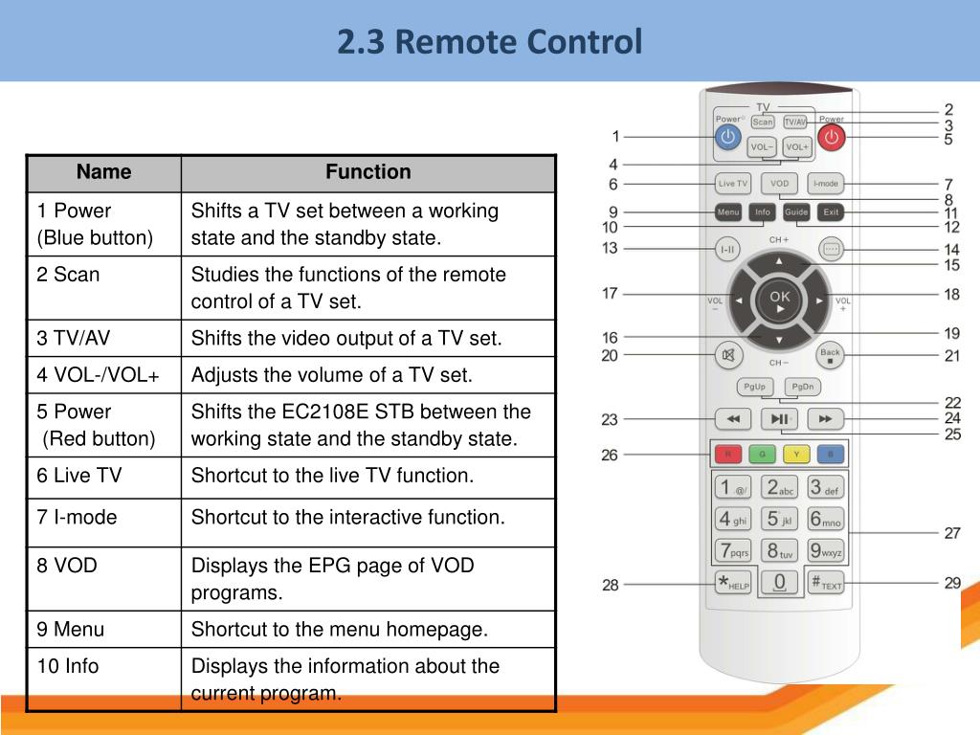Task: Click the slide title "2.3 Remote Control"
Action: [x=489, y=42]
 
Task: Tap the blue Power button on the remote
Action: [x=728, y=137]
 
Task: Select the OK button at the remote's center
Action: [x=780, y=298]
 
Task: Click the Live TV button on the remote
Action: [x=733, y=183]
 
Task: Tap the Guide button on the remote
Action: [x=796, y=212]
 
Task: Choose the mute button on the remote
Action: [x=728, y=355]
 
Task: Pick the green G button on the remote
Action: [x=763, y=453]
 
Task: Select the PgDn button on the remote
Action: [x=802, y=387]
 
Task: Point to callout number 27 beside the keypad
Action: [x=951, y=533]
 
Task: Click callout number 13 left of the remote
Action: [x=610, y=249]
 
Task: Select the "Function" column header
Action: [x=367, y=172]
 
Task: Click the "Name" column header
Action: [x=103, y=172]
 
